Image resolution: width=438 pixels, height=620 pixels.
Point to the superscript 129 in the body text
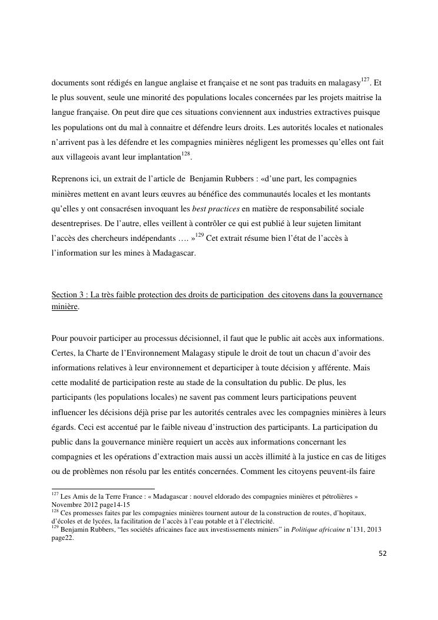(201, 236)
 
